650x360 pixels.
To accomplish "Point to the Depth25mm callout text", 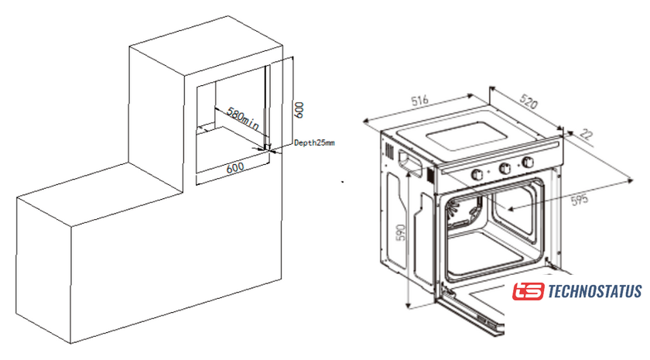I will tap(314, 142).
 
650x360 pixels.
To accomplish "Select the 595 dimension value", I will tap(579, 198).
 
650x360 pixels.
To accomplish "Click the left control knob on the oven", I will tap(477, 172).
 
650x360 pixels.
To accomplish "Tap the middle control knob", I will tap(505, 167).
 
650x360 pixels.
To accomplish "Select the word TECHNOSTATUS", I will tap(594, 292).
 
